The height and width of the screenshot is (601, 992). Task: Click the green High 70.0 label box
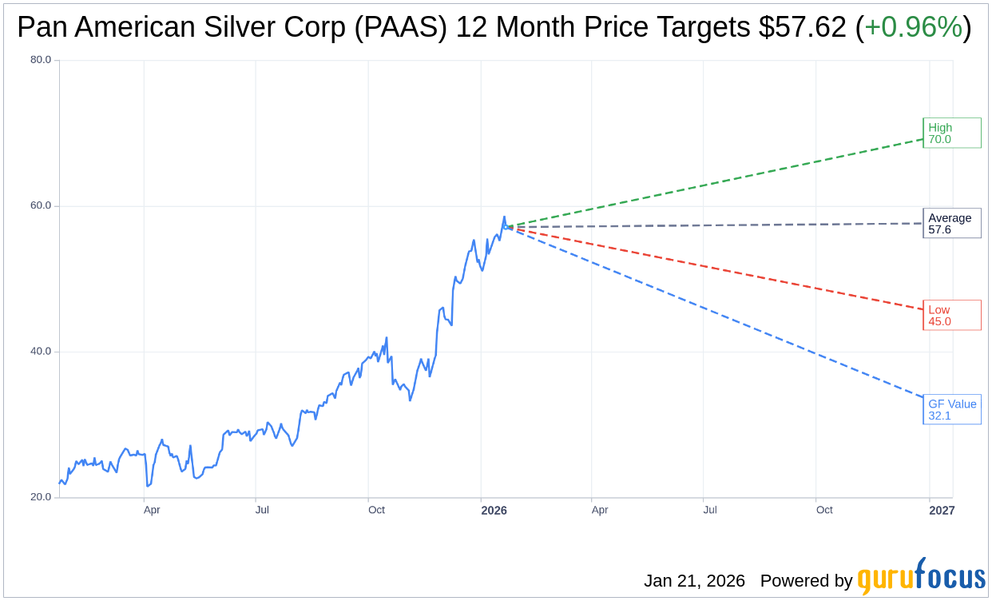(x=951, y=133)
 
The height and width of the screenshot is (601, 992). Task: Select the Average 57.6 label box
(x=951, y=224)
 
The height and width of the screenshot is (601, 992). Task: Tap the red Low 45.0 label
(x=951, y=315)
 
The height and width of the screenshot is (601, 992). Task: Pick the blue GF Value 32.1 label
(x=951, y=409)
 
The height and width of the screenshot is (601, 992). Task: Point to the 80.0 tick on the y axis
(x=41, y=59)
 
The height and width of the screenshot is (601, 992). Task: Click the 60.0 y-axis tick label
(x=41, y=205)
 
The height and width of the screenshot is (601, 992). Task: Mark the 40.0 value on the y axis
(x=41, y=351)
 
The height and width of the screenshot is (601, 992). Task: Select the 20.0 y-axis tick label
(x=41, y=496)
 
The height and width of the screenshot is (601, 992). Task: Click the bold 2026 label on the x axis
(x=494, y=510)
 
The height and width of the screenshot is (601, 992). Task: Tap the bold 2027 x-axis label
(x=941, y=510)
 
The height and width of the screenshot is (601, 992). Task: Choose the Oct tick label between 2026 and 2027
(x=823, y=510)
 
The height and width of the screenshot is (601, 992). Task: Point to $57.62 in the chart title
(x=801, y=27)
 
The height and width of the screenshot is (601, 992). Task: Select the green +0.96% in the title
(x=913, y=27)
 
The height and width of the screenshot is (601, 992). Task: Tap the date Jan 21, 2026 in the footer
(x=694, y=581)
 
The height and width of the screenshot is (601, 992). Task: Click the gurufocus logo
(x=921, y=577)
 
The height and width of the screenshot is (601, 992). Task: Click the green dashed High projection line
(x=719, y=183)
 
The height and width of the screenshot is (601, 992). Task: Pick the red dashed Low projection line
(x=719, y=268)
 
